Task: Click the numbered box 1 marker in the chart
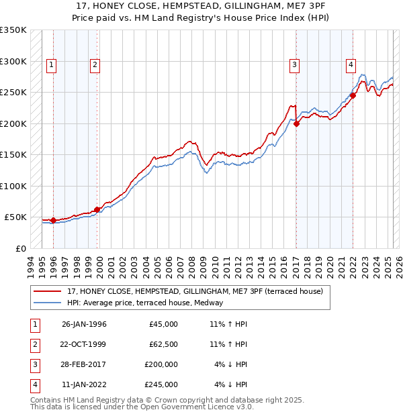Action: pyautogui.click(x=51, y=65)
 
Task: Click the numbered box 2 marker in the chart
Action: pyautogui.click(x=95, y=65)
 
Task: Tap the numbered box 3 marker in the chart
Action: pyautogui.click(x=294, y=65)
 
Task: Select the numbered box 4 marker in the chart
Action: pyautogui.click(x=351, y=65)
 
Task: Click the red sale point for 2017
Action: pyautogui.click(x=296, y=123)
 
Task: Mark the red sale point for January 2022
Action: pyautogui.click(x=353, y=95)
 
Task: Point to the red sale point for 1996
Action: pyautogui.click(x=53, y=220)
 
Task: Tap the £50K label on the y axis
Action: pyautogui.click(x=15, y=217)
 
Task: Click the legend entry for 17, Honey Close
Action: pyautogui.click(x=195, y=291)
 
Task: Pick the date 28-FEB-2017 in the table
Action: pyautogui.click(x=84, y=364)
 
